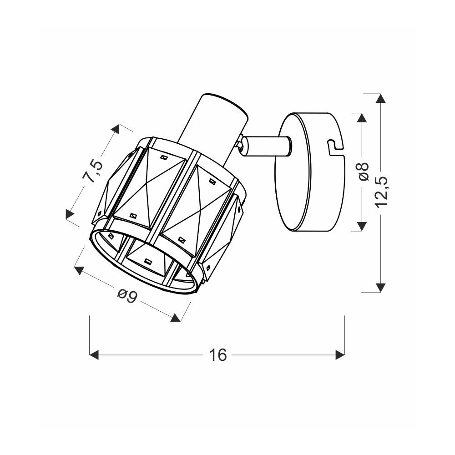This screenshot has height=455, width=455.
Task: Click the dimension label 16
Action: (218, 354)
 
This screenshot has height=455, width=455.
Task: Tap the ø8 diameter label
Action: (364, 171)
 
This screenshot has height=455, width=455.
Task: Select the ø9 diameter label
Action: (127, 296)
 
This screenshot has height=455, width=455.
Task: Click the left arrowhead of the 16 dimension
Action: (94, 354)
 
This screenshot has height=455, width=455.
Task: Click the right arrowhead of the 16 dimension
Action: (340, 354)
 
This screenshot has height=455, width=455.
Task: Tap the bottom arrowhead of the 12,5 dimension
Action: (380, 288)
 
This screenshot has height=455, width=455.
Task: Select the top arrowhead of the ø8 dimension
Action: (362, 117)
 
